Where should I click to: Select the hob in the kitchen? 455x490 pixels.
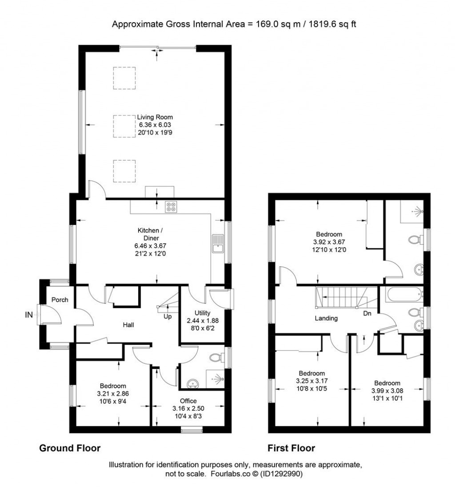point(171,207)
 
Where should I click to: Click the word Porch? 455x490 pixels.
point(60,300)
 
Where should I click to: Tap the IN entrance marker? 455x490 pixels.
point(28,315)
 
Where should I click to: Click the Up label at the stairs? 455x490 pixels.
point(168,316)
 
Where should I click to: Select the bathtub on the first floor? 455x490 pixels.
point(403,294)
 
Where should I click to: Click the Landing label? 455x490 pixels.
point(326,318)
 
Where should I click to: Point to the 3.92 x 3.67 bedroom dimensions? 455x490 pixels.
point(329,242)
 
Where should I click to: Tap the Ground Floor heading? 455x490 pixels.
point(70,448)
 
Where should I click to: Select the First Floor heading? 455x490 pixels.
point(291,448)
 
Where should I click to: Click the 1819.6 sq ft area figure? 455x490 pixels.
point(328,24)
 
